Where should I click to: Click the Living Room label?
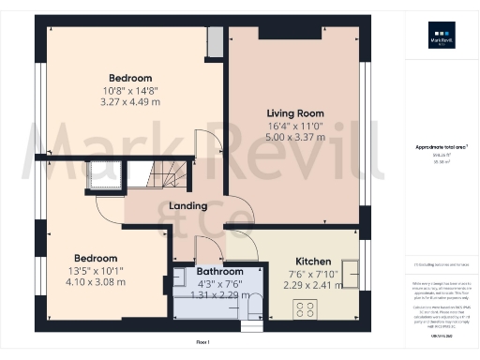point(295,112)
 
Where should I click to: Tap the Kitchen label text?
point(311,261)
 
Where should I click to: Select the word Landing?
point(187,206)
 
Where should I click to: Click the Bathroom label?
point(219,271)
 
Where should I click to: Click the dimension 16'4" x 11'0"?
point(295,125)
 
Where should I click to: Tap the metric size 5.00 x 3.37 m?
point(295,137)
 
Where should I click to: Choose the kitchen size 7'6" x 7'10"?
point(311,274)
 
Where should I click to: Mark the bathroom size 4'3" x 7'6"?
point(219,283)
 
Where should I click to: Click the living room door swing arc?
point(214,145)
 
